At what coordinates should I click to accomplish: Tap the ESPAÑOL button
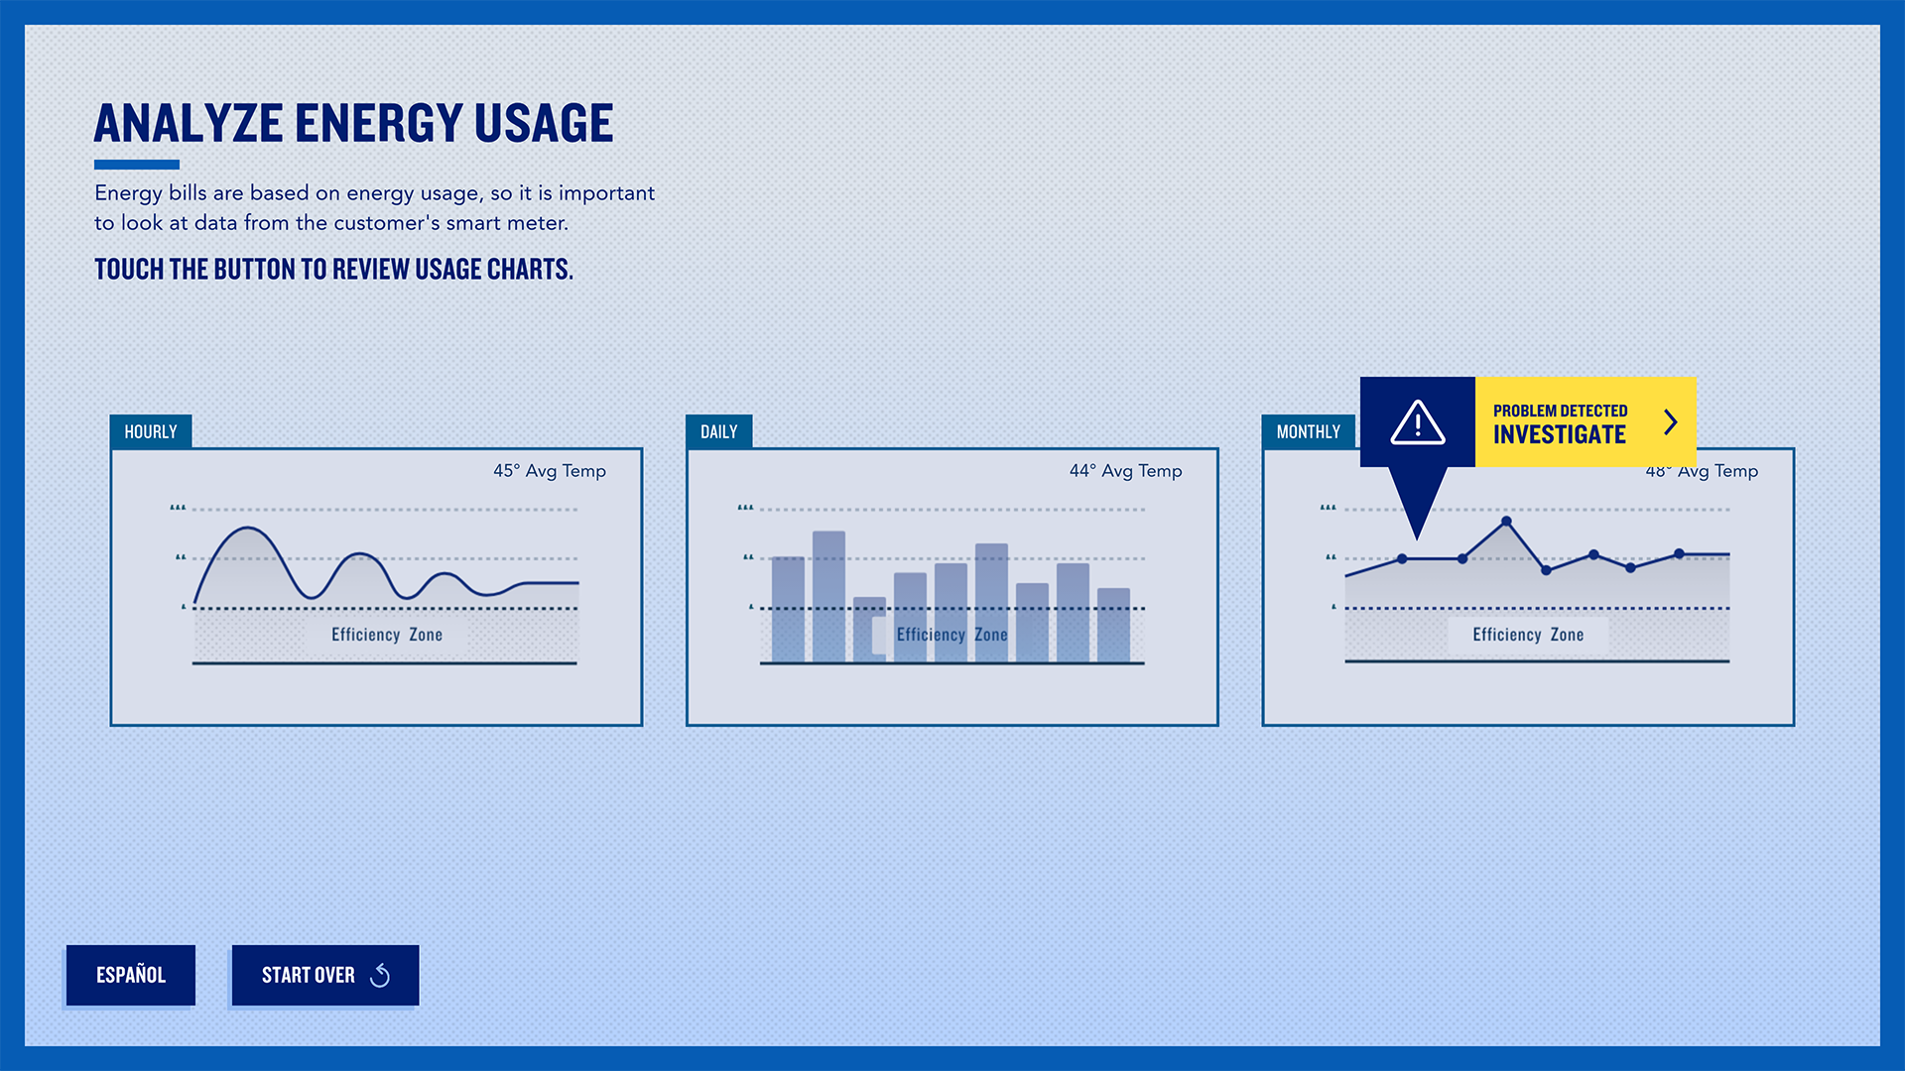[130, 975]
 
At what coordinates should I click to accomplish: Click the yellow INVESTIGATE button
[1585, 421]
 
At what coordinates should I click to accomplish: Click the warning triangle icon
[1417, 422]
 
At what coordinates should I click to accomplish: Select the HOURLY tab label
[151, 431]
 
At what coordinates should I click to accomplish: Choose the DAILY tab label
[719, 431]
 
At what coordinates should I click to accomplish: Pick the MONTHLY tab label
[1308, 431]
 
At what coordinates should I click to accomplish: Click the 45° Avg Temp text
[550, 471]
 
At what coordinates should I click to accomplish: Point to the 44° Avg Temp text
[1125, 471]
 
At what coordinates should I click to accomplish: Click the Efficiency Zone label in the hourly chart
[387, 635]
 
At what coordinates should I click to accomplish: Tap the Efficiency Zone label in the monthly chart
[1528, 635]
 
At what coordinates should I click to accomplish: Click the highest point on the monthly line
[1506, 521]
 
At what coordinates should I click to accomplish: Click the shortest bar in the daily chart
[869, 629]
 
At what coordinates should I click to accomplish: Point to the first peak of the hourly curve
[247, 529]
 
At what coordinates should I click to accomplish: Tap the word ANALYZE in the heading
[189, 124]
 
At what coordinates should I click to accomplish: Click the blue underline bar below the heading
[137, 165]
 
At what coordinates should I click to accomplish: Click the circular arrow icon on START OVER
[380, 976]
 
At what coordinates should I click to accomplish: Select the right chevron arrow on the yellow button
[1671, 422]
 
